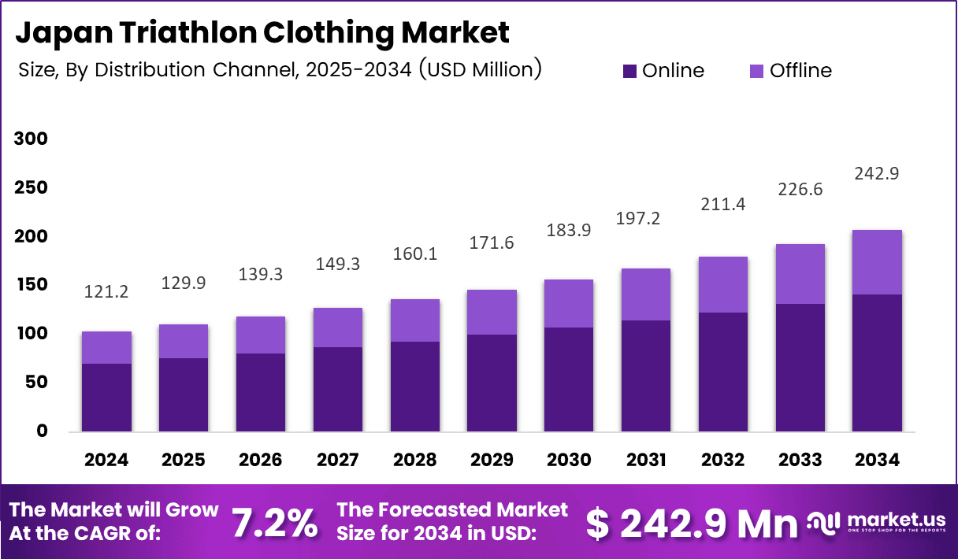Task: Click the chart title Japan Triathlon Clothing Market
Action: click(262, 32)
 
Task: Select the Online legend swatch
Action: click(629, 71)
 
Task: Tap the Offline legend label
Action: click(800, 71)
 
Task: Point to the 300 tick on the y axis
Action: click(31, 139)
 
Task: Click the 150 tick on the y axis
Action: click(31, 285)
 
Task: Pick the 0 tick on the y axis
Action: click(41, 431)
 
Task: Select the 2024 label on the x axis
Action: click(106, 460)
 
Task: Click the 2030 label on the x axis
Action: click(569, 460)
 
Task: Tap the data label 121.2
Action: click(106, 292)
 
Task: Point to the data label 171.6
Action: click(492, 243)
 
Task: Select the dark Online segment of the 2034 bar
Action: click(877, 362)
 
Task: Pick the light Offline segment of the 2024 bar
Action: click(106, 347)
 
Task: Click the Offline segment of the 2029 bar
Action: click(492, 312)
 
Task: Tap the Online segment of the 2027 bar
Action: click(337, 389)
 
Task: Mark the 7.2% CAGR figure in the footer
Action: click(275, 523)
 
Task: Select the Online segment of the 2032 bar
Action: click(722, 372)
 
